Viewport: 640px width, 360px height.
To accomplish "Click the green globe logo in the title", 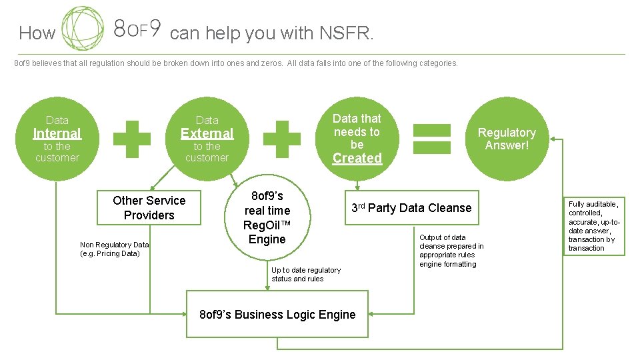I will (83, 29).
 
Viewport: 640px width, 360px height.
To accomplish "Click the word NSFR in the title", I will (345, 33).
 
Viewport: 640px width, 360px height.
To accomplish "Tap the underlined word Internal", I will (57, 133).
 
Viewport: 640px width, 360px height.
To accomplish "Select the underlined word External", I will (207, 133).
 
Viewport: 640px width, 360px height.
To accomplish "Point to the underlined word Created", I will (357, 159).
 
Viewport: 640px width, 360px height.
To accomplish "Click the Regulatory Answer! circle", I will (507, 139).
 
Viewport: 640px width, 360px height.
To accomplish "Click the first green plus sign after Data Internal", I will (132, 139).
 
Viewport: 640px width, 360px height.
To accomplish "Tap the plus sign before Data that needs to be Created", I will (282, 139).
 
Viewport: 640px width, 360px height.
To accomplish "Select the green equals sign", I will (432, 139).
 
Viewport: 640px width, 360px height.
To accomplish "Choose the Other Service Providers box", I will (149, 208).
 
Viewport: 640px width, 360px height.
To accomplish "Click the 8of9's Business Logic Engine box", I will (277, 315).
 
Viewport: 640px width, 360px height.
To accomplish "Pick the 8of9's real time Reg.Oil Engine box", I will (267, 217).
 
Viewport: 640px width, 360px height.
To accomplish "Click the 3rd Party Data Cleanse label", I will (411, 208).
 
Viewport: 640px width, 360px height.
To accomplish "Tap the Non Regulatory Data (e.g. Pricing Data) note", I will (114, 249).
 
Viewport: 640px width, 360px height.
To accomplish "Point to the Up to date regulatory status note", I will (305, 275).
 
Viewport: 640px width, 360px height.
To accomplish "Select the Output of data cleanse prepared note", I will (451, 251).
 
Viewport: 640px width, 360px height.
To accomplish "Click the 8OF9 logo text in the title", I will (137, 29).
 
